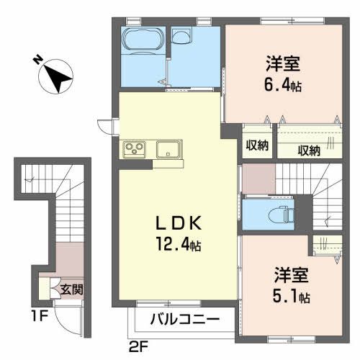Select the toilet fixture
(x=275, y=213)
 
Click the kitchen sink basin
(x=168, y=150)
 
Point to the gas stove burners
(x=135, y=150)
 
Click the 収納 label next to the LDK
(x=257, y=145)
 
